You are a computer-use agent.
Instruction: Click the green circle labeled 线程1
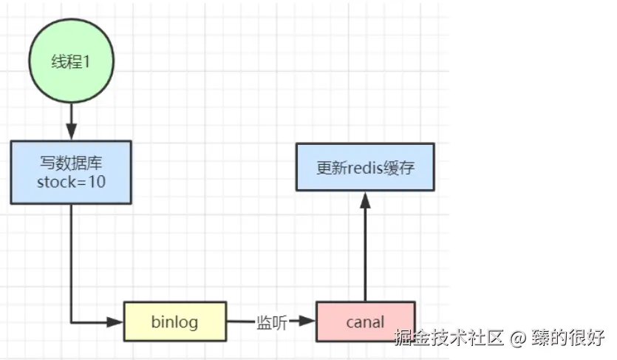click(x=71, y=61)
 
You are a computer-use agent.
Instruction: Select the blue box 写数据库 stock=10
click(x=71, y=172)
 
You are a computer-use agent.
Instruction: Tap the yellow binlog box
click(x=174, y=322)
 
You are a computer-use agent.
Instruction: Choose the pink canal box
click(x=365, y=322)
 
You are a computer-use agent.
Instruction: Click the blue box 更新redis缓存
click(x=365, y=168)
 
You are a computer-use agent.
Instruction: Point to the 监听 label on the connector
click(x=271, y=322)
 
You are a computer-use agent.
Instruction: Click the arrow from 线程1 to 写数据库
click(x=71, y=120)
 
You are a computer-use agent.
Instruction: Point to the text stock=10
click(x=71, y=182)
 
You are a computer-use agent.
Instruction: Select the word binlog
click(x=174, y=322)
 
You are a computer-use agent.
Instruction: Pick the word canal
click(x=365, y=322)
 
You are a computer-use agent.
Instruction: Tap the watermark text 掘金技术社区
click(x=449, y=339)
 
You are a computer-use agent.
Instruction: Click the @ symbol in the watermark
click(x=519, y=339)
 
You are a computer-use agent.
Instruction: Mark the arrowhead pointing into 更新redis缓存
click(x=365, y=198)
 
